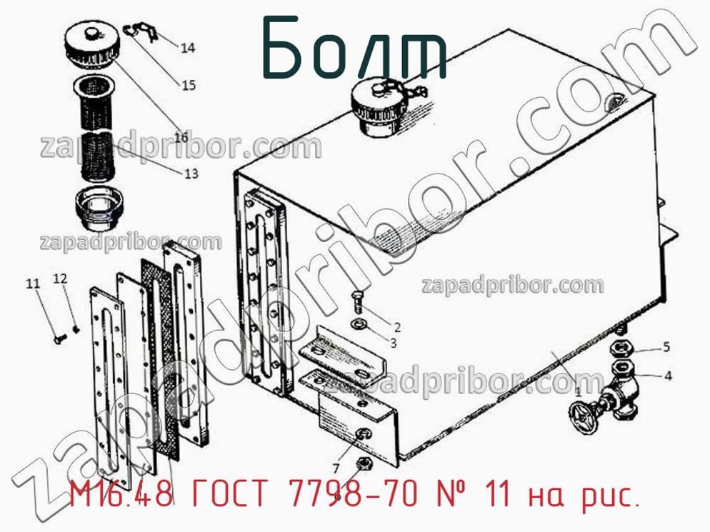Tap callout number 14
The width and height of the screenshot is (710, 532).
click(188, 48)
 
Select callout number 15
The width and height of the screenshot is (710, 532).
click(189, 85)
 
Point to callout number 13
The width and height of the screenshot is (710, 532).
click(191, 173)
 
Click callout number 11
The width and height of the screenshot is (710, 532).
click(33, 283)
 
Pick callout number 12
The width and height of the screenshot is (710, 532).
click(60, 278)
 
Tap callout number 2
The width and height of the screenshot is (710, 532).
click(397, 327)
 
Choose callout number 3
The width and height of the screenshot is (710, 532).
click(394, 343)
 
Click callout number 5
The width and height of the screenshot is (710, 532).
click(666, 347)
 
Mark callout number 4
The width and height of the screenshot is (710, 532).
click(668, 376)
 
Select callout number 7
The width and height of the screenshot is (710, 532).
click(336, 468)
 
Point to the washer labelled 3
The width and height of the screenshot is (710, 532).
click(361, 323)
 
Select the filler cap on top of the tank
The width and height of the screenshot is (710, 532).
click(376, 109)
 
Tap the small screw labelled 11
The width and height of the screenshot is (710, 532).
click(60, 338)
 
